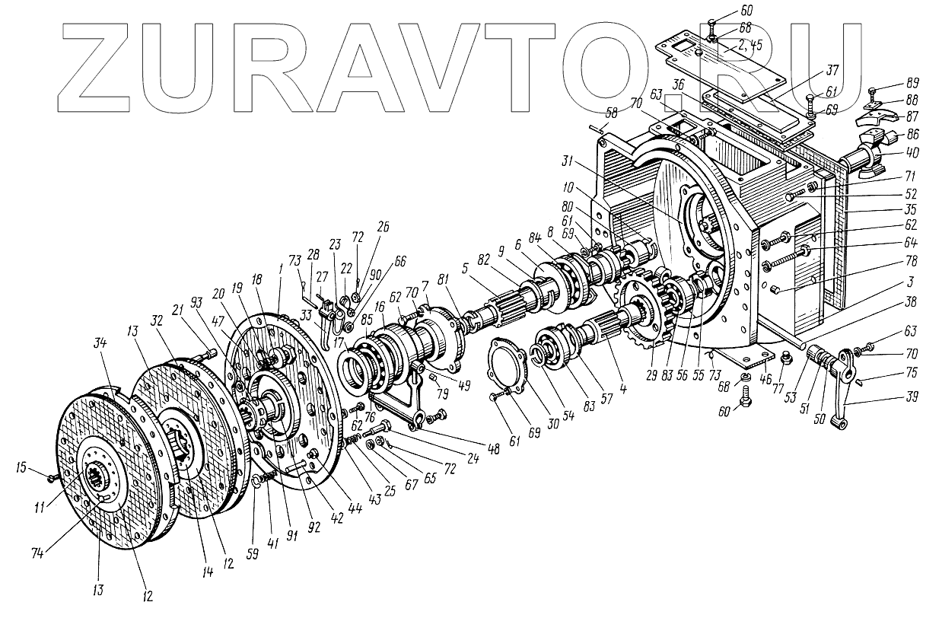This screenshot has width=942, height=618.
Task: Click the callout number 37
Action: (x=834, y=70)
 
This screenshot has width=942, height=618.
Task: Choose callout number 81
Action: (x=443, y=281)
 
